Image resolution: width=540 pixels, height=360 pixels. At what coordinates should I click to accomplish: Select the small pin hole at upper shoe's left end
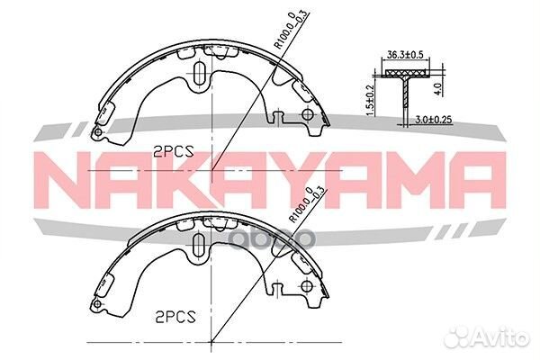tap(96, 134)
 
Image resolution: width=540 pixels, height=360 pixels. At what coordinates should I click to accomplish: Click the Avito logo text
tap(505, 338)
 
